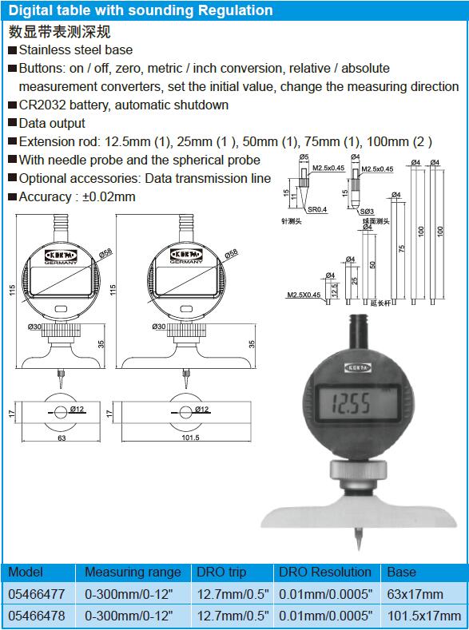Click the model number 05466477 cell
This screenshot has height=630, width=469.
pyautogui.click(x=37, y=594)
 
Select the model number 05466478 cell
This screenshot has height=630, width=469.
pyautogui.click(x=37, y=615)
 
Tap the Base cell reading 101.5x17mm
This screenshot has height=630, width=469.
pyautogui.click(x=424, y=615)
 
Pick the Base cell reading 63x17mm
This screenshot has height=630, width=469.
pyautogui.click(x=415, y=594)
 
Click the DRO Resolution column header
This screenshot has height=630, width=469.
pyautogui.click(x=325, y=572)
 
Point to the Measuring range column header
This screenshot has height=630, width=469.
pyautogui.click(x=133, y=573)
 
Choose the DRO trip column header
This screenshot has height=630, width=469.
pyautogui.click(x=221, y=573)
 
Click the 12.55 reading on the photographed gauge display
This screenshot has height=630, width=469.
pyautogui.click(x=351, y=403)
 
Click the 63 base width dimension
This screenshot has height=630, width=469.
pyautogui.click(x=62, y=438)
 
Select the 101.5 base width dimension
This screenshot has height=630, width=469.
pyautogui.click(x=190, y=438)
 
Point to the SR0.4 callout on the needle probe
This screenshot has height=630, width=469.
pyautogui.click(x=317, y=209)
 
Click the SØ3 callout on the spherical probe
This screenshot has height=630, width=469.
pyautogui.click(x=367, y=212)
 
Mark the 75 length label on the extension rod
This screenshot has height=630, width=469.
pyautogui.click(x=401, y=248)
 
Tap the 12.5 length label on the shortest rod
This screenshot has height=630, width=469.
pyautogui.click(x=334, y=289)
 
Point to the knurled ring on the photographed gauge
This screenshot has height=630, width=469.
pyautogui.click(x=359, y=470)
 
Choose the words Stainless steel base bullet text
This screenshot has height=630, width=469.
pyautogui.click(x=76, y=50)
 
